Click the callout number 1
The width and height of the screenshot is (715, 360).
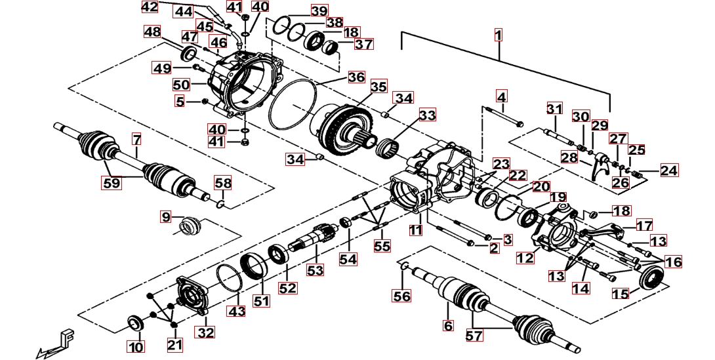point(499,34)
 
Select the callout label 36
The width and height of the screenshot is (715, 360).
point(356,77)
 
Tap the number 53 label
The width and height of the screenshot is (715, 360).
point(316,270)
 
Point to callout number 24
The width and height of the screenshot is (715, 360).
point(669,170)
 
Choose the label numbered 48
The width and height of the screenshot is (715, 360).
point(152,31)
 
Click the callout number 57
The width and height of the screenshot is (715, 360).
point(474,336)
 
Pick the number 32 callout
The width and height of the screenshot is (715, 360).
point(205,332)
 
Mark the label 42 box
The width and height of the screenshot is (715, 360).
point(150,7)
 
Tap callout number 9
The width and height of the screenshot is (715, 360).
point(165,216)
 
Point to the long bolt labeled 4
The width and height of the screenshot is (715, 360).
point(502,119)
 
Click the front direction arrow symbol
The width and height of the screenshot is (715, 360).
point(56,342)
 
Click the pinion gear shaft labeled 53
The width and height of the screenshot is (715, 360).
point(317,237)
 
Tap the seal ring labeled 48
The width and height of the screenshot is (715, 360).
point(188,52)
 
